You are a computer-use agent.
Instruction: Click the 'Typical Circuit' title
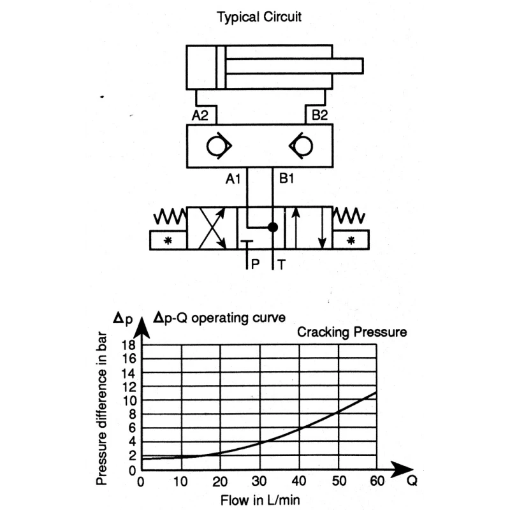259,17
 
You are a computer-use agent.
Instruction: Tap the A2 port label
200,115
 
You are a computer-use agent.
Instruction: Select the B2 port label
319,115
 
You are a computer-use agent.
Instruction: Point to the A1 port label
233,178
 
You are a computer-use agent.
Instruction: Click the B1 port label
286,178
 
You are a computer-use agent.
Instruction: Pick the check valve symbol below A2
219,146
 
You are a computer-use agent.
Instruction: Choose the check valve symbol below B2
301,146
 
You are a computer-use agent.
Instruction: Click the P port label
256,264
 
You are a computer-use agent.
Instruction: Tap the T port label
282,265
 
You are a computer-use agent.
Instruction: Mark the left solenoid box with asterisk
168,240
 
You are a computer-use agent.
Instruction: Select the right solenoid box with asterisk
351,240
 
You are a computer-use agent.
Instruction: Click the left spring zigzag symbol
170,216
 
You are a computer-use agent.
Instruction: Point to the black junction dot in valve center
273,227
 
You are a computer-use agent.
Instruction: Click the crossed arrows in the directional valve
212,228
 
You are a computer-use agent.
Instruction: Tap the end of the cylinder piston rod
363,66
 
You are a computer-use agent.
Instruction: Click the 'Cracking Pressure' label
352,332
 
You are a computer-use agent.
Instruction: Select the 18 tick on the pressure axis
128,345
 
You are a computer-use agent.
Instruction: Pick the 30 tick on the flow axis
259,481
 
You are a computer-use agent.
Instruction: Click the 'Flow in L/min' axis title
260,500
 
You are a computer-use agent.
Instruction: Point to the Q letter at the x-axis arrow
412,481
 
